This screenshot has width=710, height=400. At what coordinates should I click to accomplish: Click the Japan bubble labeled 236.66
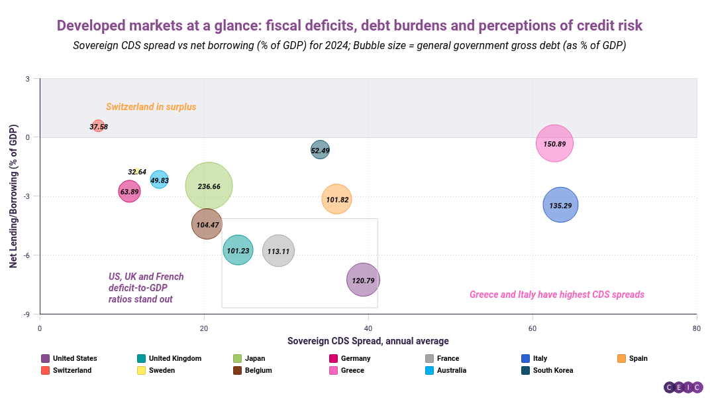(209, 186)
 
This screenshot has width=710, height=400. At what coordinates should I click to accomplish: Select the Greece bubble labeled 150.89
(554, 144)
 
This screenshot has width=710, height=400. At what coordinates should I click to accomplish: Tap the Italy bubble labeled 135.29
(560, 205)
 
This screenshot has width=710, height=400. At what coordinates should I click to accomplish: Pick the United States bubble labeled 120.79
(363, 280)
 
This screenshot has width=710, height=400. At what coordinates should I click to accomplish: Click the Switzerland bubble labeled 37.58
(99, 126)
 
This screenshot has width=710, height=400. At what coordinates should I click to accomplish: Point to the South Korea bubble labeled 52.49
(320, 150)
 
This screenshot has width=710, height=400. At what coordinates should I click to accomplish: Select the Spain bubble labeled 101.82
(336, 199)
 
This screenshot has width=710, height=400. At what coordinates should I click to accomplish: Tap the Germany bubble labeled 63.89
(129, 192)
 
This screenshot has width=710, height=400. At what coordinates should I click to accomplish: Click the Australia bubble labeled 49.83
(160, 179)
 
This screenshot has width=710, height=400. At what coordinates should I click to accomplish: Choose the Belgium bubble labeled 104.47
(207, 224)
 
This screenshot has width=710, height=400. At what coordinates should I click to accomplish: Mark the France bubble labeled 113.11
(278, 251)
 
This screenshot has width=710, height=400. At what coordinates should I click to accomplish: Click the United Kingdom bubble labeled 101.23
(238, 250)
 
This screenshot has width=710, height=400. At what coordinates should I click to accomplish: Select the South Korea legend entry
(547, 370)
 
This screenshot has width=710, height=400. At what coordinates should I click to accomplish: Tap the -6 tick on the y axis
(27, 255)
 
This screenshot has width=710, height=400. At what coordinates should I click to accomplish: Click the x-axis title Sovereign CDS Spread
(368, 341)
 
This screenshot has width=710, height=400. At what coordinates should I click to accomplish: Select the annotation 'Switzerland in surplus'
(151, 107)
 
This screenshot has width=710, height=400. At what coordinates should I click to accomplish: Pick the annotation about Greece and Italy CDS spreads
(556, 295)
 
